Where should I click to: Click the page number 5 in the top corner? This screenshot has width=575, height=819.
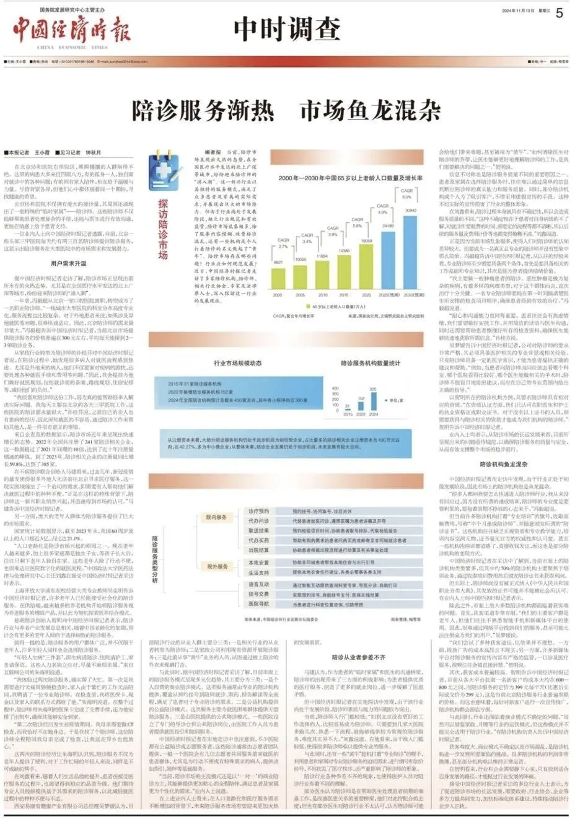[x=559, y=12]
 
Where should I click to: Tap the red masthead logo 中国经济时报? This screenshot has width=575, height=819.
[x=72, y=28]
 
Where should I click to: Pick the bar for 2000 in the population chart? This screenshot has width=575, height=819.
[x=278, y=275]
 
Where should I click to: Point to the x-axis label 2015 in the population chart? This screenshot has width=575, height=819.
[x=344, y=295]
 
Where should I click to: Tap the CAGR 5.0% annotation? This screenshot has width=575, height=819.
[x=406, y=194]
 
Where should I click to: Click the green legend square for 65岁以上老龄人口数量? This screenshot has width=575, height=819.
[x=308, y=305]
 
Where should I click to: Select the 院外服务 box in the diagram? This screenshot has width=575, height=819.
[x=216, y=566]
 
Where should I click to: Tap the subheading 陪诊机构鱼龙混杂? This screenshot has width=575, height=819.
[x=503, y=463]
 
